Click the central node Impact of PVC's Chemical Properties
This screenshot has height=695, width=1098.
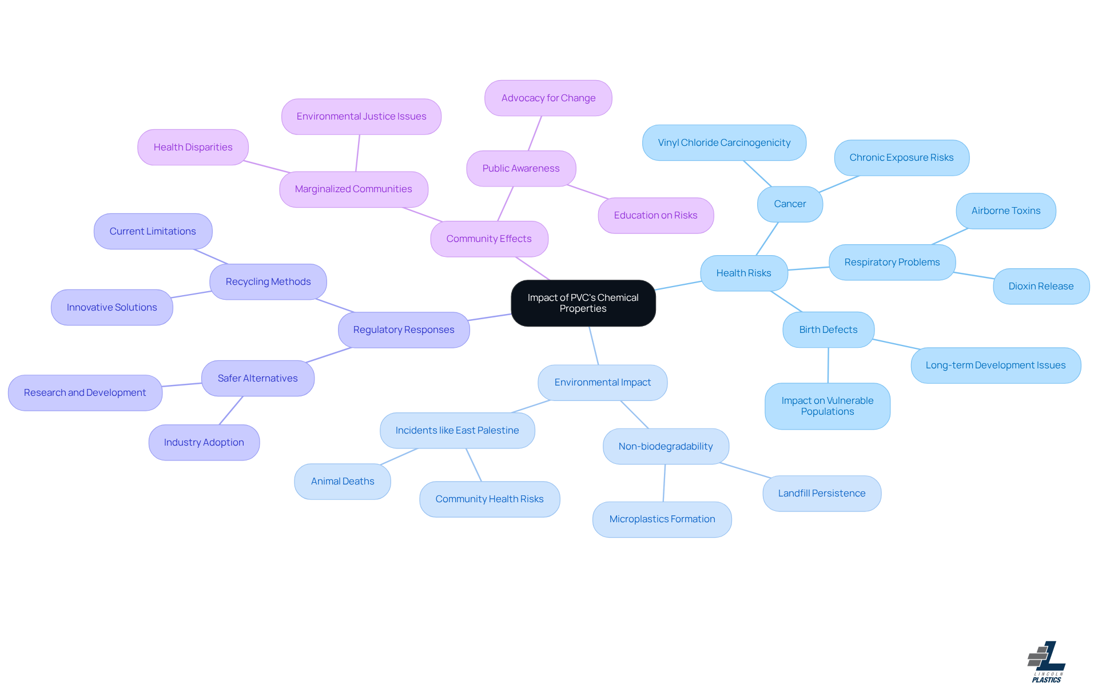(x=583, y=303)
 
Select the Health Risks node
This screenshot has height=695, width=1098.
(x=743, y=273)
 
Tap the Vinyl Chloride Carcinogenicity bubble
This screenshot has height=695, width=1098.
(x=724, y=143)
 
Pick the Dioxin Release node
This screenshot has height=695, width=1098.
(x=1041, y=287)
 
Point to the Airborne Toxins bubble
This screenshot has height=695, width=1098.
(x=1005, y=211)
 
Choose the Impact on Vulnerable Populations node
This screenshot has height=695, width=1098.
(x=827, y=406)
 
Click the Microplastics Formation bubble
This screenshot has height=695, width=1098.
(x=662, y=519)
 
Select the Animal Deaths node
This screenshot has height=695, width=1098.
(x=343, y=482)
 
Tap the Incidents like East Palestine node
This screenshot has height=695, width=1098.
(x=457, y=431)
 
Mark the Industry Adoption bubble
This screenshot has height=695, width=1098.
(x=204, y=443)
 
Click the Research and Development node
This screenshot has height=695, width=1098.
(x=85, y=393)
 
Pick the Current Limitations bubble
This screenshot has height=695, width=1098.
(x=153, y=232)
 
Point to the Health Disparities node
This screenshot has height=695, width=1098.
(x=193, y=148)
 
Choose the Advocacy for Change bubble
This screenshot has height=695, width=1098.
(x=548, y=98)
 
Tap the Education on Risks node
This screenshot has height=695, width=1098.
(x=655, y=216)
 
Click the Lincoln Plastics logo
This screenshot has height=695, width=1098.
(x=1046, y=662)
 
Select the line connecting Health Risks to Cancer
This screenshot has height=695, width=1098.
(x=767, y=239)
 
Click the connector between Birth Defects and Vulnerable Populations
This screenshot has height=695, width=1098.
(x=828, y=366)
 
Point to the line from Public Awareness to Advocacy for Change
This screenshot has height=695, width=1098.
(x=535, y=133)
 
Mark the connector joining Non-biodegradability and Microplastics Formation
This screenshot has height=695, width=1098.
(x=664, y=483)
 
